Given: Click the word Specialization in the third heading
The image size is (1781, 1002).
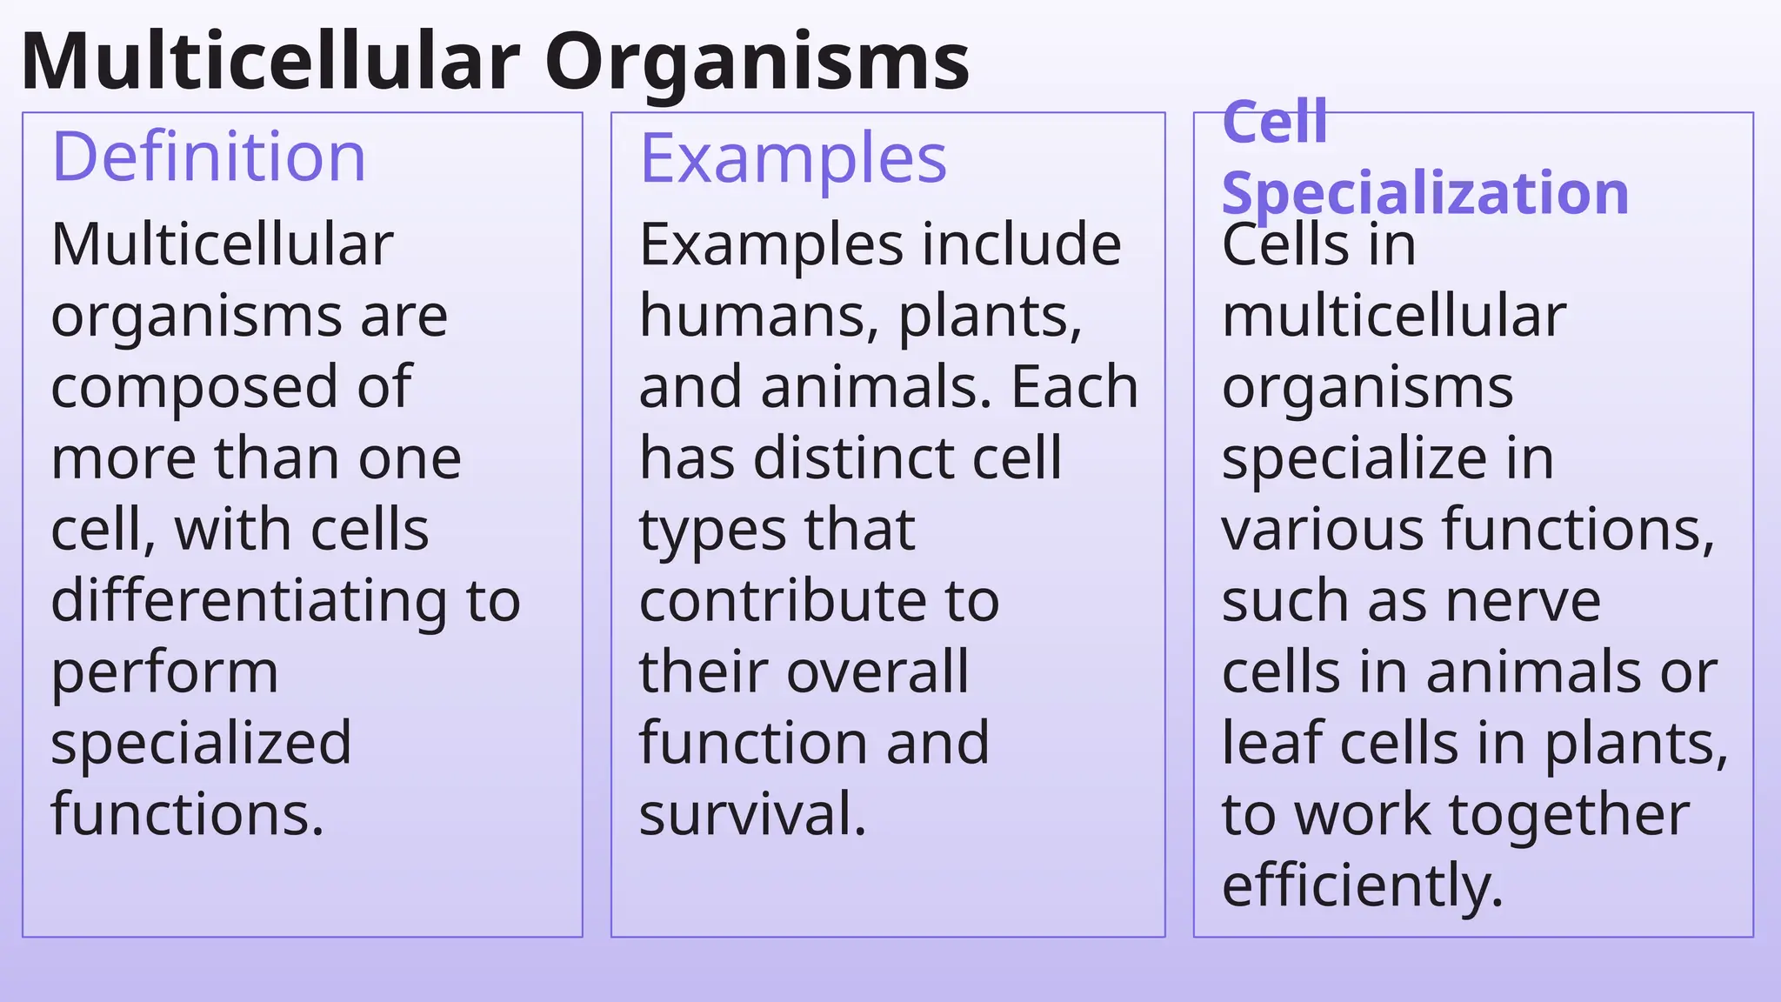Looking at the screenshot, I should (1424, 193).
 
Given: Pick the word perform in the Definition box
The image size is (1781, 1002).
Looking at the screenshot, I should (164, 672).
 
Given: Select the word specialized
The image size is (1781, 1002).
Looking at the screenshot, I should (201, 744).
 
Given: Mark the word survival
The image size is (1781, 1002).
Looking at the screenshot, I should (752, 814).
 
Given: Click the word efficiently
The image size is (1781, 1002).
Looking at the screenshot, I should (1362, 885).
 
